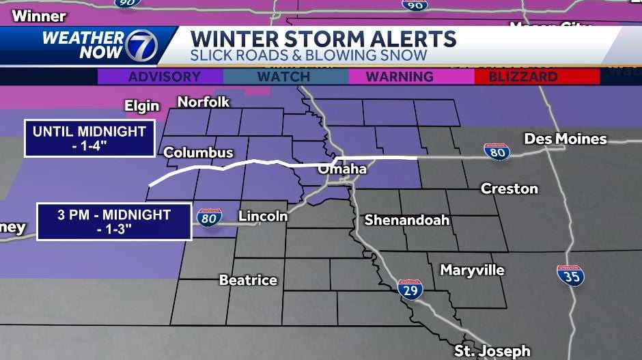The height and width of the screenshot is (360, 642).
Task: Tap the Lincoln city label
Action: click(263, 216)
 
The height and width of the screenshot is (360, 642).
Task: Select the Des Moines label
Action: click(566, 139)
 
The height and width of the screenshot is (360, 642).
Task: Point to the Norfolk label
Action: click(204, 102)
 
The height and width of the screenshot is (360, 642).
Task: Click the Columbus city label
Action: click(198, 152)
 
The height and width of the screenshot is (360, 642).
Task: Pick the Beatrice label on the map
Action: click(248, 279)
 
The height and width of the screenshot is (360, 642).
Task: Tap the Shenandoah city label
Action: click(406, 220)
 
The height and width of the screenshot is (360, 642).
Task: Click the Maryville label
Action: click(472, 270)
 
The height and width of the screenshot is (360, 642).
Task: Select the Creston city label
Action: click(510, 188)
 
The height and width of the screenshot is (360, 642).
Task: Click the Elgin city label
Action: click(142, 106)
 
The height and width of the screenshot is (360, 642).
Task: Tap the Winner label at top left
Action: click(39, 16)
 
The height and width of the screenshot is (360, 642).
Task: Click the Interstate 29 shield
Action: click(410, 289)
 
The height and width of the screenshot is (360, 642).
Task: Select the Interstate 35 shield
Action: click(570, 275)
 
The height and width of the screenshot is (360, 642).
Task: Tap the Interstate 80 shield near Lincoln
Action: click(209, 217)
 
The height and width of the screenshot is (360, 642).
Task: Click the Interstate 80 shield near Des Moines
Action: click(497, 152)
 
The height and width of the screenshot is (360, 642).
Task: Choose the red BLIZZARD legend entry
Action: click(525, 77)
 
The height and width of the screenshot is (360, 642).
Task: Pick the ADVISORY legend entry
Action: click(160, 77)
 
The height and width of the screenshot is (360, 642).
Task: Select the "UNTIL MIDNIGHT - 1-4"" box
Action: click(89, 139)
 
